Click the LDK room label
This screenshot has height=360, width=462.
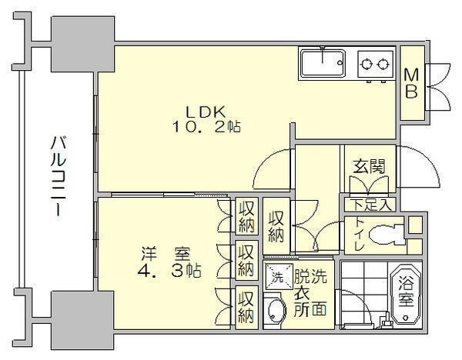pyautogui.click(x=206, y=112)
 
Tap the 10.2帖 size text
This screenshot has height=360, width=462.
pyautogui.click(x=206, y=127)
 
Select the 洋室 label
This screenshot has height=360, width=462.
pyautogui.click(x=166, y=255)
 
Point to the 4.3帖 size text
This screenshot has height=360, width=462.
pyautogui.click(x=169, y=271)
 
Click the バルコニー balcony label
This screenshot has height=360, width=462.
pyautogui.click(x=59, y=176)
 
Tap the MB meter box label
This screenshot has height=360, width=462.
pyautogui.click(x=411, y=83)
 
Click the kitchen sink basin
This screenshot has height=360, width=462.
pyautogui.click(x=323, y=64)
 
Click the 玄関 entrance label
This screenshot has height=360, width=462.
pyautogui.click(x=370, y=167)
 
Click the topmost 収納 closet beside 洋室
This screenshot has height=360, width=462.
pyautogui.click(x=246, y=215)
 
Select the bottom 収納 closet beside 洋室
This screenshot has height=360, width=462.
pyautogui.click(x=246, y=307)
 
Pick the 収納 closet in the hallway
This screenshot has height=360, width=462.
pyautogui.click(x=276, y=226)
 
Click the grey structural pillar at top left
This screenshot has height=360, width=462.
pyautogui.click(x=83, y=44)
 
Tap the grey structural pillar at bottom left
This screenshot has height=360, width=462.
pyautogui.click(x=83, y=320)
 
